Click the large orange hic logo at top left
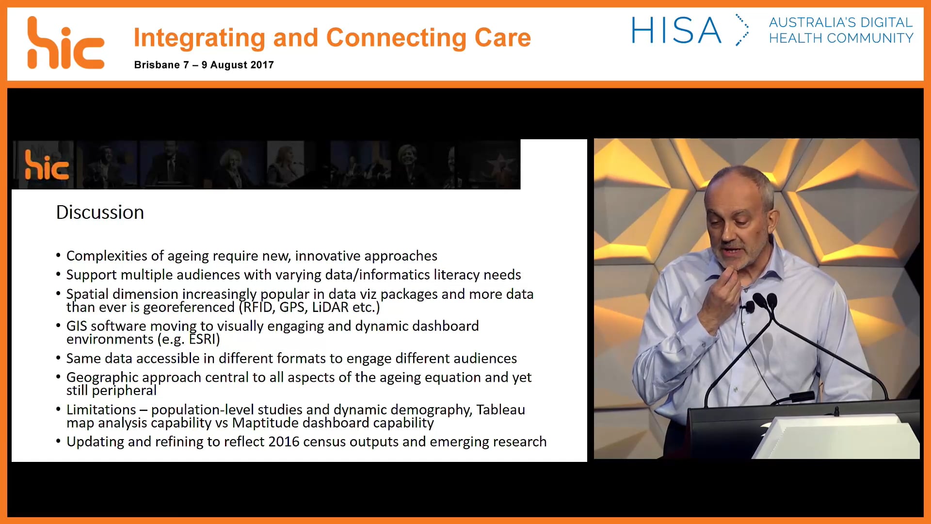point(65,44)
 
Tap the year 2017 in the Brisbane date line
point(262,65)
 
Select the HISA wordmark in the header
point(676,31)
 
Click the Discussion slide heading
point(100,213)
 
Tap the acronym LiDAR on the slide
point(330,307)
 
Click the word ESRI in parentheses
point(203,339)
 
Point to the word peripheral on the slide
point(124,391)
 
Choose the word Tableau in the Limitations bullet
point(500,409)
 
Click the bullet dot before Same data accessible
point(58,358)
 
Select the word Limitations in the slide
point(101,409)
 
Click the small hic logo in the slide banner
point(47,165)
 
